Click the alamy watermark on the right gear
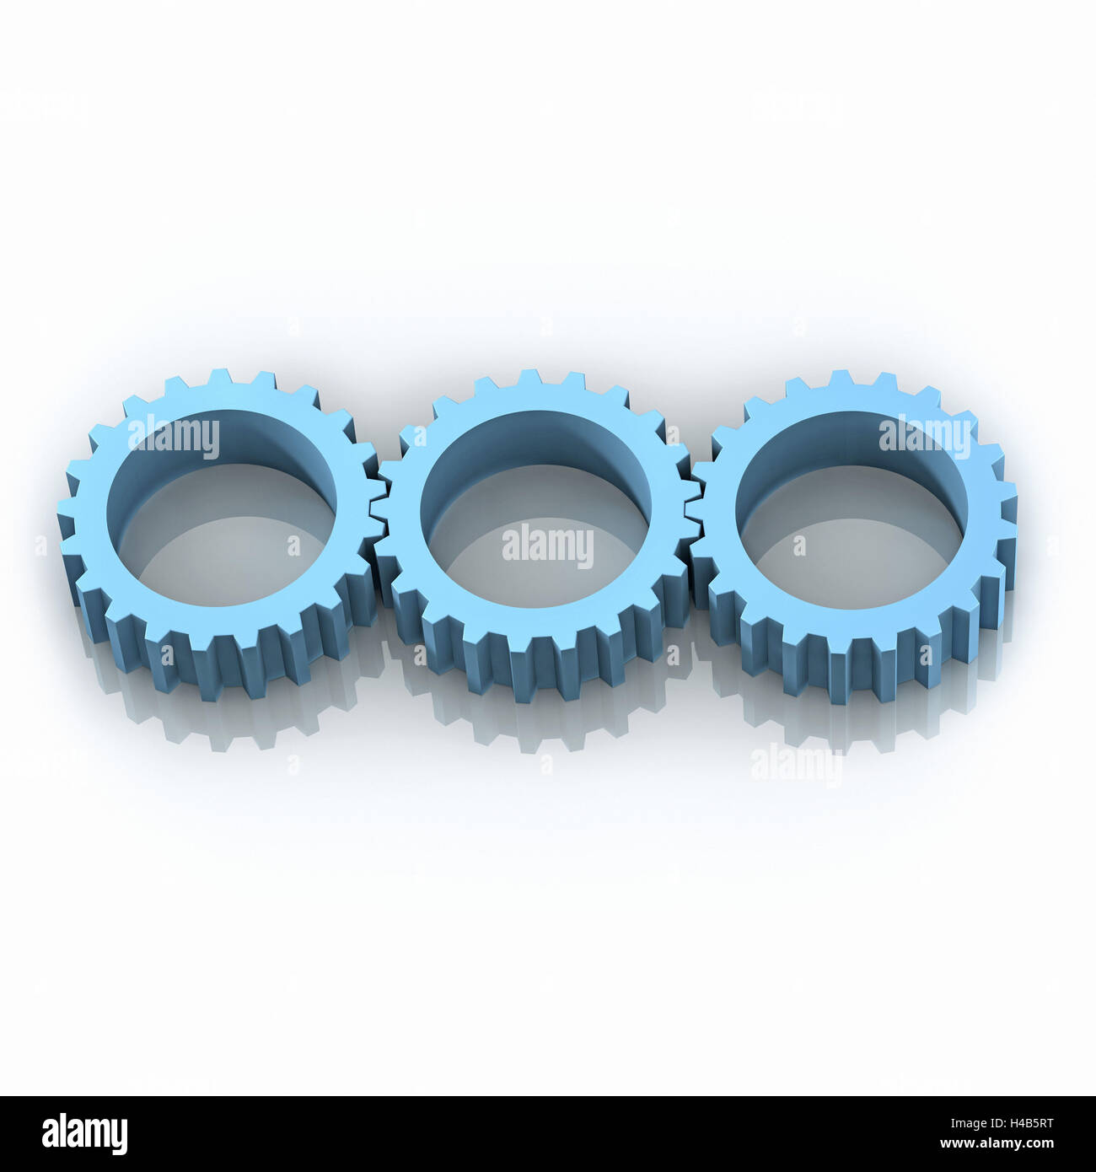pos(924,437)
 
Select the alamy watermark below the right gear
pos(796,766)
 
